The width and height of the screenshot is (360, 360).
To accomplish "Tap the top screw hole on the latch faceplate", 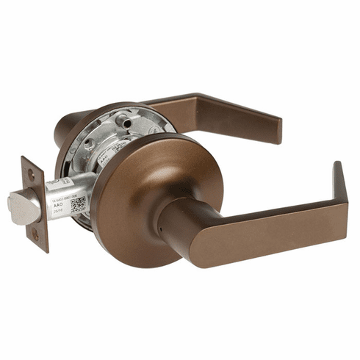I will click(x=32, y=174).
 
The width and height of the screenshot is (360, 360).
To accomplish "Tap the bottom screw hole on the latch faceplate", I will click(x=34, y=234).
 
